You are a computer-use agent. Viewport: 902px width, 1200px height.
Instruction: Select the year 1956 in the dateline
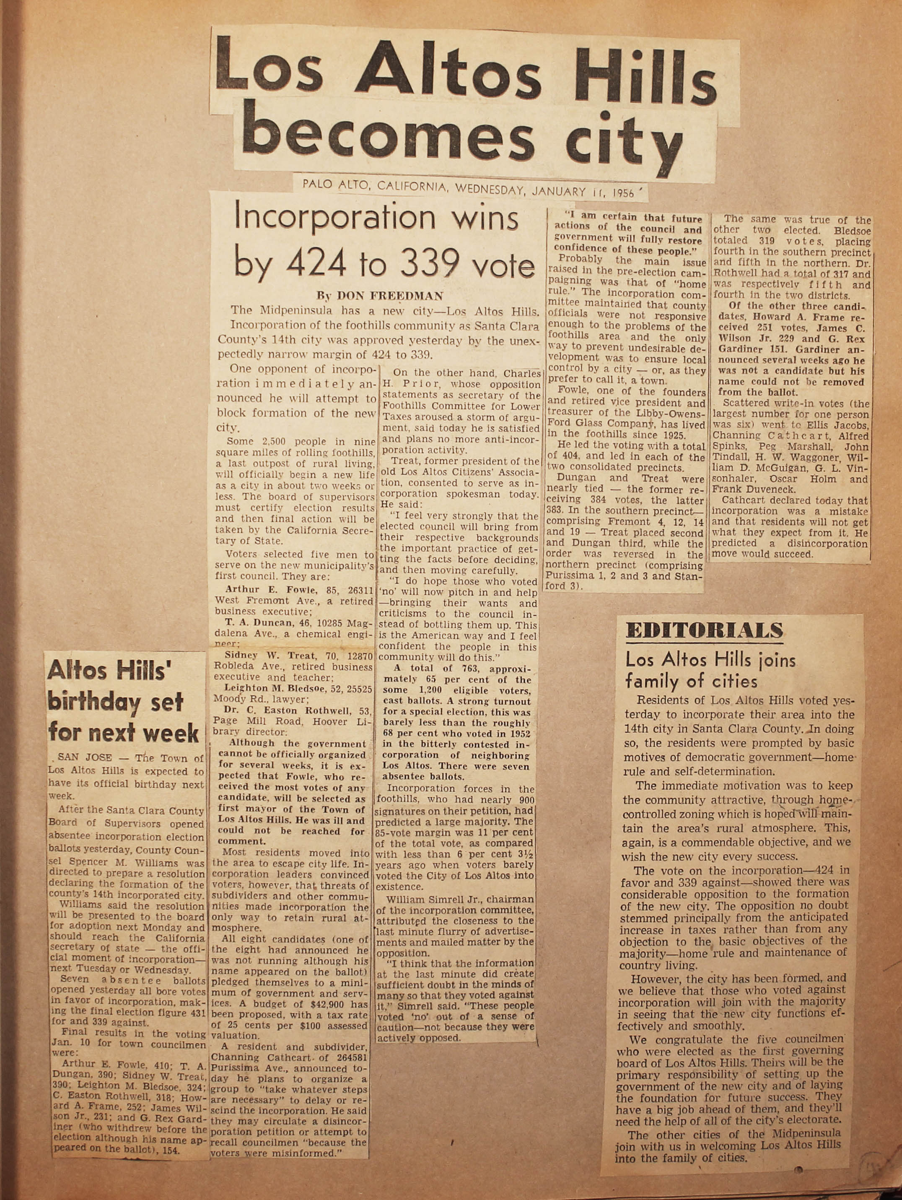[625, 192]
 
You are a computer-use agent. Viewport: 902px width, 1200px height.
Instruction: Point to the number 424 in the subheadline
[316, 264]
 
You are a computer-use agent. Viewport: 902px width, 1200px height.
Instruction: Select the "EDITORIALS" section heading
[704, 630]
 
